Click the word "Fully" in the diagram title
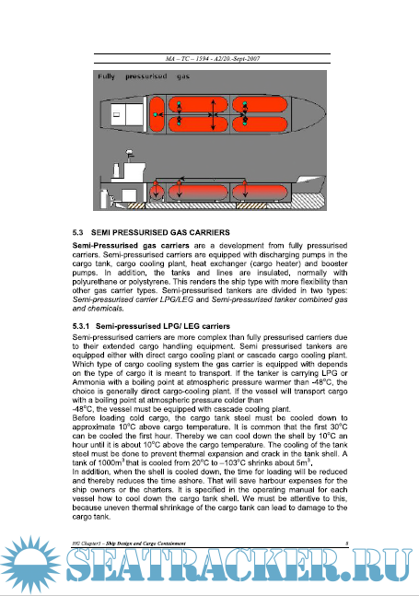(106, 76)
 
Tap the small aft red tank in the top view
(157, 114)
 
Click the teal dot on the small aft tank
(155, 114)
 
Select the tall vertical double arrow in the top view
(214, 114)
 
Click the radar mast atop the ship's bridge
(130, 155)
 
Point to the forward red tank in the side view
(260, 193)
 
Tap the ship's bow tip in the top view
(325, 113)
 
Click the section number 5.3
(78, 233)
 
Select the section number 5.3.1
(80, 326)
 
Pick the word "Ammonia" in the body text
(86, 382)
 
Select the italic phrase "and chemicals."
(98, 309)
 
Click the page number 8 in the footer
(347, 543)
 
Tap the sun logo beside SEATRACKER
(30, 565)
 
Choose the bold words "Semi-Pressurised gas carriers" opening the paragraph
(131, 246)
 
